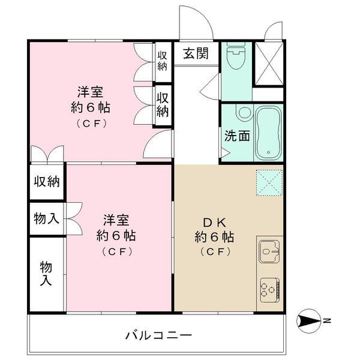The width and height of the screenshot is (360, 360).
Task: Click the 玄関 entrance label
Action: (196, 53)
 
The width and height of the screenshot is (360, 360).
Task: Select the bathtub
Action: (268, 133)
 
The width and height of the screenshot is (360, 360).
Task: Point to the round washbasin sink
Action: (244, 113)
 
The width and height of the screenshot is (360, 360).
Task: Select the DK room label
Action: (214, 219)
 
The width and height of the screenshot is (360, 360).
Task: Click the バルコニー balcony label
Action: (158, 335)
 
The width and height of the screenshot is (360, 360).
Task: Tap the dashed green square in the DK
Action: (269, 182)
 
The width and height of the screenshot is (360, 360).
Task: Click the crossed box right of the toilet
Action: (268, 62)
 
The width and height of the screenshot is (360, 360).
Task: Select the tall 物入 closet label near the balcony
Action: (47, 273)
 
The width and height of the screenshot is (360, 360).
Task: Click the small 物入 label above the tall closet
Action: (47, 219)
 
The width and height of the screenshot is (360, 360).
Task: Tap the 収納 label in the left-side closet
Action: (47, 181)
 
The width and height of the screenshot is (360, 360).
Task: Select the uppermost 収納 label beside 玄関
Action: (163, 60)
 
